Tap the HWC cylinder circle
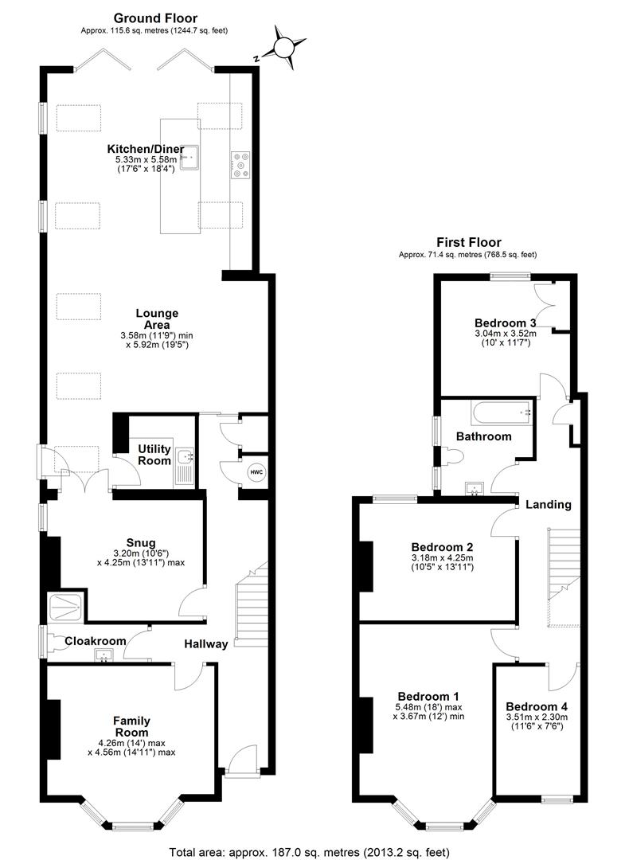[256, 472]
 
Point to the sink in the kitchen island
[188, 159]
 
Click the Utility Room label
[154, 455]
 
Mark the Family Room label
[131, 727]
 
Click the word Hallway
[206, 644]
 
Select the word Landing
[548, 505]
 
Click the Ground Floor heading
[155, 18]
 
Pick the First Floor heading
[468, 242]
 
